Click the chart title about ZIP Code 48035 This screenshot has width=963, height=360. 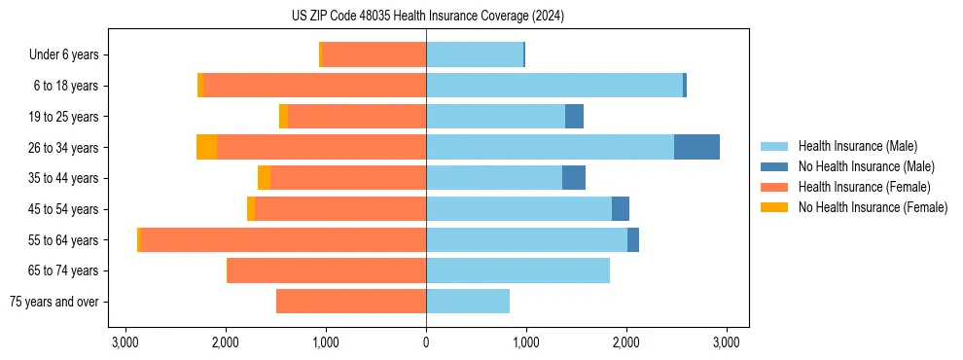[x=427, y=16]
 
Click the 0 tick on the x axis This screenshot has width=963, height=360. [x=426, y=342]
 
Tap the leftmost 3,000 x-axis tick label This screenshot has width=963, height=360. [x=125, y=342]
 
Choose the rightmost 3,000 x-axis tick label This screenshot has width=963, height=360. [x=726, y=342]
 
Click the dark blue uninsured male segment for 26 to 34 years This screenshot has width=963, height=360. [x=696, y=147]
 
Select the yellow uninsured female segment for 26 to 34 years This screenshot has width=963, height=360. [x=206, y=147]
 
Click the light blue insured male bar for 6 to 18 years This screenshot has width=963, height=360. [x=554, y=86]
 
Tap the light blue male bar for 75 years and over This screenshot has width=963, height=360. [x=468, y=302]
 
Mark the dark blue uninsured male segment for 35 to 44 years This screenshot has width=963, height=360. [x=574, y=178]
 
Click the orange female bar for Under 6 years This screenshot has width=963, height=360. [x=374, y=55]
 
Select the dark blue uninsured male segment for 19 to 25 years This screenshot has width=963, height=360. [x=574, y=117]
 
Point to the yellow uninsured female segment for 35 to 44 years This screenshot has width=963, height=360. [x=264, y=178]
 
